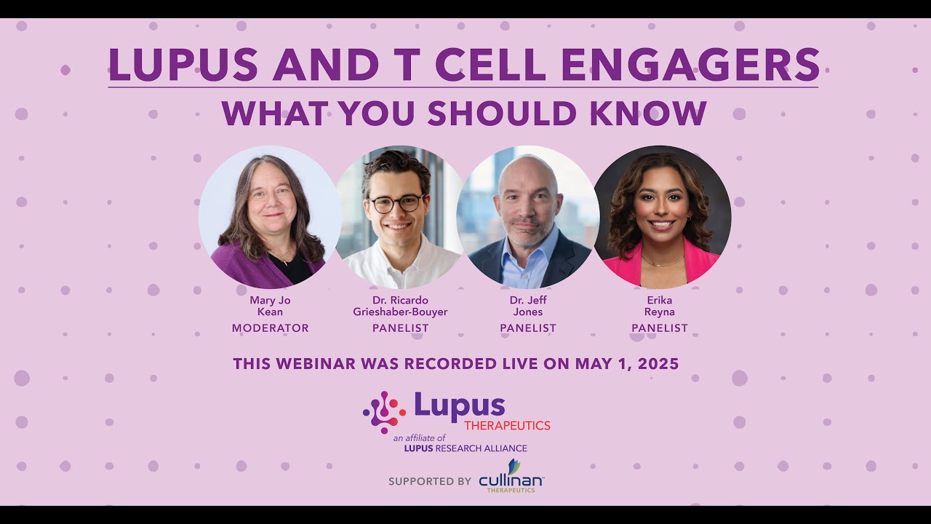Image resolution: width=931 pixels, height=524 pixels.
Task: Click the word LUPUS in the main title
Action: [183, 65]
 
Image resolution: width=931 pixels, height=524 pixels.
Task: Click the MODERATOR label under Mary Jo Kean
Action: [270, 328]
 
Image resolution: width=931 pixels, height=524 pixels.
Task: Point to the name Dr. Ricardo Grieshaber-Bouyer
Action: [400, 306]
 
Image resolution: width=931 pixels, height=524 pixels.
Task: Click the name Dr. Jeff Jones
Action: [527, 306]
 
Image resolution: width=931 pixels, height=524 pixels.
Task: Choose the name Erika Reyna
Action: [659, 306]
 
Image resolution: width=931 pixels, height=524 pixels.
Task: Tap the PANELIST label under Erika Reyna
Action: [659, 328]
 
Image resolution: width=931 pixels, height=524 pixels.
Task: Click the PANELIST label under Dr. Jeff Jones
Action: [527, 328]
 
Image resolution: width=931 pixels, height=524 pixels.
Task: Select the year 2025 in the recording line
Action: [653, 364]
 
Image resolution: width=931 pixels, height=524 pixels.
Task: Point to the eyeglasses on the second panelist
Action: [396, 204]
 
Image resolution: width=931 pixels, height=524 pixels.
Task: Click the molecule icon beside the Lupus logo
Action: [384, 412]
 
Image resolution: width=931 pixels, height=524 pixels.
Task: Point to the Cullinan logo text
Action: [511, 480]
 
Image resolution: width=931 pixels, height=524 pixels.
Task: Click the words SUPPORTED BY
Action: [429, 481]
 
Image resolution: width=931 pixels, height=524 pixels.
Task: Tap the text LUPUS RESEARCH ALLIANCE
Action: [465, 448]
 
